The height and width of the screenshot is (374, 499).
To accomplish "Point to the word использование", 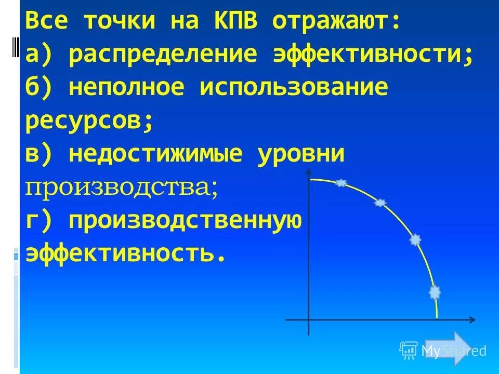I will coord(294,88).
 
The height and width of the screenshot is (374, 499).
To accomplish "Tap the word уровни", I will coord(301,155).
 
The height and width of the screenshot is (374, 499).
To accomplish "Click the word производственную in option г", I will coord(185,221).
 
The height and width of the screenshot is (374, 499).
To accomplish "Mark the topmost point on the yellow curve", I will coord(340,183).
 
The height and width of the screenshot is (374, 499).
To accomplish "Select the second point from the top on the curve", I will coord(381,203).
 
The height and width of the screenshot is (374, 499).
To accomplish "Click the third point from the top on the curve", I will coord(415,239).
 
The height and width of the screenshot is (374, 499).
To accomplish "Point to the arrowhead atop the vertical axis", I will coord(309,172).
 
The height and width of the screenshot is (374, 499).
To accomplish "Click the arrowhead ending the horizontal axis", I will coord(472,319).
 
